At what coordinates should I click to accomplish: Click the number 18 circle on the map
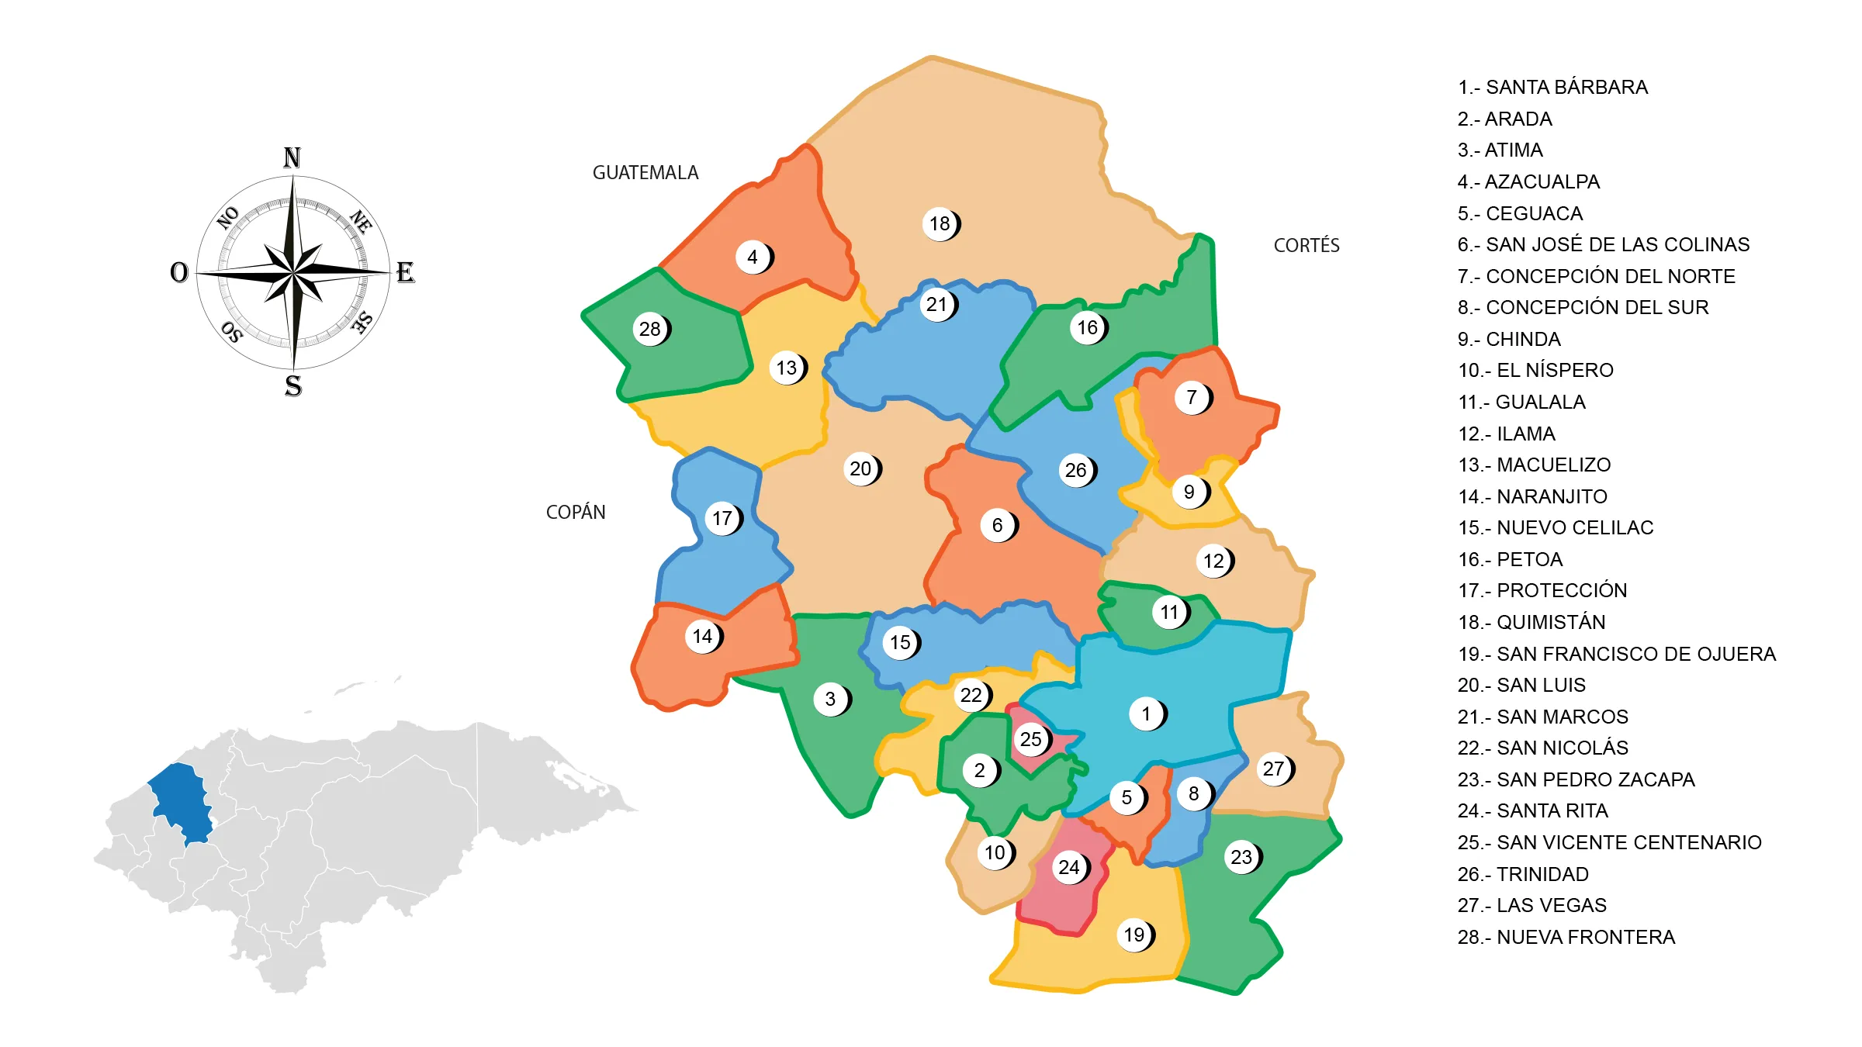[940, 224]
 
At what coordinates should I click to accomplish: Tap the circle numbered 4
[753, 257]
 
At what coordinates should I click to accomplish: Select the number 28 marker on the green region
[650, 330]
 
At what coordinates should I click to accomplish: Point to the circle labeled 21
[937, 305]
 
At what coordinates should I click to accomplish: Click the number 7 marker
[1192, 398]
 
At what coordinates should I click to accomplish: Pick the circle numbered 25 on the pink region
[1031, 740]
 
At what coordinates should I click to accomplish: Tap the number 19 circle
[1134, 935]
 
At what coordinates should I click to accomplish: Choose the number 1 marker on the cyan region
[1147, 714]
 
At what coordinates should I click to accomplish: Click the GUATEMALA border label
[645, 173]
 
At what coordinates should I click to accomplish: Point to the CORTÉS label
[1307, 246]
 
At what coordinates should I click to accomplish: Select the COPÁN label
[576, 513]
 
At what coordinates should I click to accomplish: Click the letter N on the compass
[292, 158]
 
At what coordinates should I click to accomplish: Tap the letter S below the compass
[293, 386]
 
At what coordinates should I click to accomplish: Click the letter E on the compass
[405, 273]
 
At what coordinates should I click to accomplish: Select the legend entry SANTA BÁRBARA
[1552, 88]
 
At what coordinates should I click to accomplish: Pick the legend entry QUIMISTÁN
[1531, 623]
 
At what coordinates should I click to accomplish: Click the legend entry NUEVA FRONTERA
[1566, 938]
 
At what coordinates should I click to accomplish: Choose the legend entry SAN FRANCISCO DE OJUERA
[1616, 655]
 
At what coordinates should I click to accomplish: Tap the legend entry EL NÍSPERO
[1535, 371]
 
